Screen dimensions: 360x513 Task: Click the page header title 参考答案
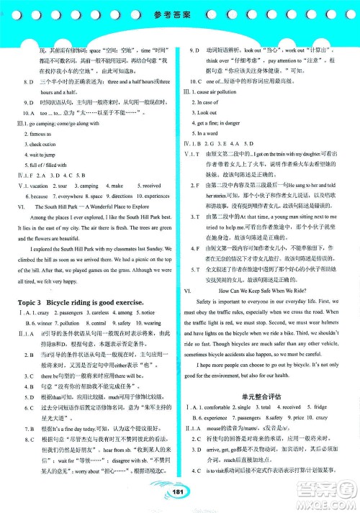[x=179, y=14]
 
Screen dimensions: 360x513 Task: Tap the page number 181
[x=179, y=491]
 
